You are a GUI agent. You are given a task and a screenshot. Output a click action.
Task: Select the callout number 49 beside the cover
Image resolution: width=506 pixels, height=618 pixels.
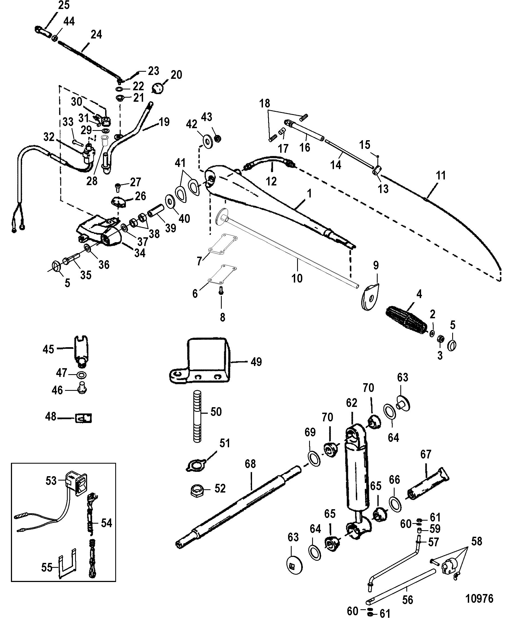tap(256, 362)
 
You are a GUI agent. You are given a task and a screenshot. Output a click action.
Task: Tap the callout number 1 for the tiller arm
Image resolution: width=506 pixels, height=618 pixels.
tap(309, 194)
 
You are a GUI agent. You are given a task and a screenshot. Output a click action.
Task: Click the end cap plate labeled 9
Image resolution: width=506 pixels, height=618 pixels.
tap(369, 297)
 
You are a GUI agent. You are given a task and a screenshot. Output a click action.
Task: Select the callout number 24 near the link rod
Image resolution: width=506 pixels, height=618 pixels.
tap(96, 34)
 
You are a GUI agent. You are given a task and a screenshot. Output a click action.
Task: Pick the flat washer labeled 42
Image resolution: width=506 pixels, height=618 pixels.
tap(207, 142)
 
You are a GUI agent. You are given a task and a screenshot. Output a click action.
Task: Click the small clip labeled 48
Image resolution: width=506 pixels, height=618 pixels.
tap(84, 418)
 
